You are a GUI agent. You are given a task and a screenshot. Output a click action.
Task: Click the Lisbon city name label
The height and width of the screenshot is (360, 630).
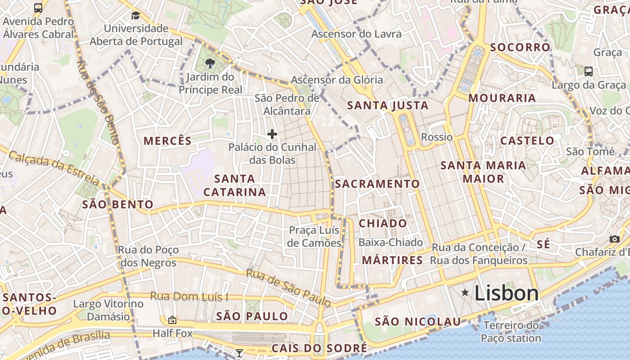coord(506,293)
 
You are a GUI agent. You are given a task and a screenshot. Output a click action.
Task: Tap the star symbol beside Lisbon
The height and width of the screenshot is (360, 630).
coord(465,293)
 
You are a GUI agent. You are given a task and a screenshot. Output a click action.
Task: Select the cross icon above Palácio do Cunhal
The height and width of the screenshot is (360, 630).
coord(272,134)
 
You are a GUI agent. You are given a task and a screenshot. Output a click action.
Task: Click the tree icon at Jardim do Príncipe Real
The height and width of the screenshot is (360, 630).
coord(210,63)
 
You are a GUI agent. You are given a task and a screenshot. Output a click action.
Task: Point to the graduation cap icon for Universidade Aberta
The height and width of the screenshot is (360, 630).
coord(135,16)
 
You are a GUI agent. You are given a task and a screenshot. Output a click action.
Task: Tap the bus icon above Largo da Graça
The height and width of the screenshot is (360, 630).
coord(588,71)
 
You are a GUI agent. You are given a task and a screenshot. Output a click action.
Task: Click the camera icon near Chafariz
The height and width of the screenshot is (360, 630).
coord(614,239)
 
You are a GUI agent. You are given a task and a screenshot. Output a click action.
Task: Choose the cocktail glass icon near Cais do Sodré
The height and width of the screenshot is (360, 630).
coord(239,353)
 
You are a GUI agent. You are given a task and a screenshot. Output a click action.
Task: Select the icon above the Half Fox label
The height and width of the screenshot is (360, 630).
coord(172,320)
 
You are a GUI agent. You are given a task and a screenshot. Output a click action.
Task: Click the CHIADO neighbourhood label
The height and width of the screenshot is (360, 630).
coord(382,224)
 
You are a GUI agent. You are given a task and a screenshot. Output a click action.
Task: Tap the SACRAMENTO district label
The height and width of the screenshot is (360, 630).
coord(377,184)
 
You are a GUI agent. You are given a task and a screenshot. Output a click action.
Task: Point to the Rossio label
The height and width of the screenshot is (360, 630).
coord(436,137)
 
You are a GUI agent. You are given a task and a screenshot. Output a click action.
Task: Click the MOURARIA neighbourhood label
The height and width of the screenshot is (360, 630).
coord(502,98)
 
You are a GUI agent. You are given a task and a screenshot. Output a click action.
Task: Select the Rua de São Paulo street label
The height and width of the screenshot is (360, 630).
coord(288,288)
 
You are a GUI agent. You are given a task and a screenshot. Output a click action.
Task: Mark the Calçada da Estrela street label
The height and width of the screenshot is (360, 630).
coord(54,168)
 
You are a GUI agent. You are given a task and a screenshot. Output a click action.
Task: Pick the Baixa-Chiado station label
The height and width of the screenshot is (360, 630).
coord(391,243)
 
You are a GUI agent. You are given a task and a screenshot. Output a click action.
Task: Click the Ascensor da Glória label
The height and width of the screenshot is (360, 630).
coord(337,80)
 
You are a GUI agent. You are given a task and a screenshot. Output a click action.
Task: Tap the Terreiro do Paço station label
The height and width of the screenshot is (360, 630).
coord(511,332)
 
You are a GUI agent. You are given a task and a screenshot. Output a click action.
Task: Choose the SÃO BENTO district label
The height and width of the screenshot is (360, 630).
coord(117,205)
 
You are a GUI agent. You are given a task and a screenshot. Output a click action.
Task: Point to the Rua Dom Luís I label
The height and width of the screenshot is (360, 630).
coord(189,297)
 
